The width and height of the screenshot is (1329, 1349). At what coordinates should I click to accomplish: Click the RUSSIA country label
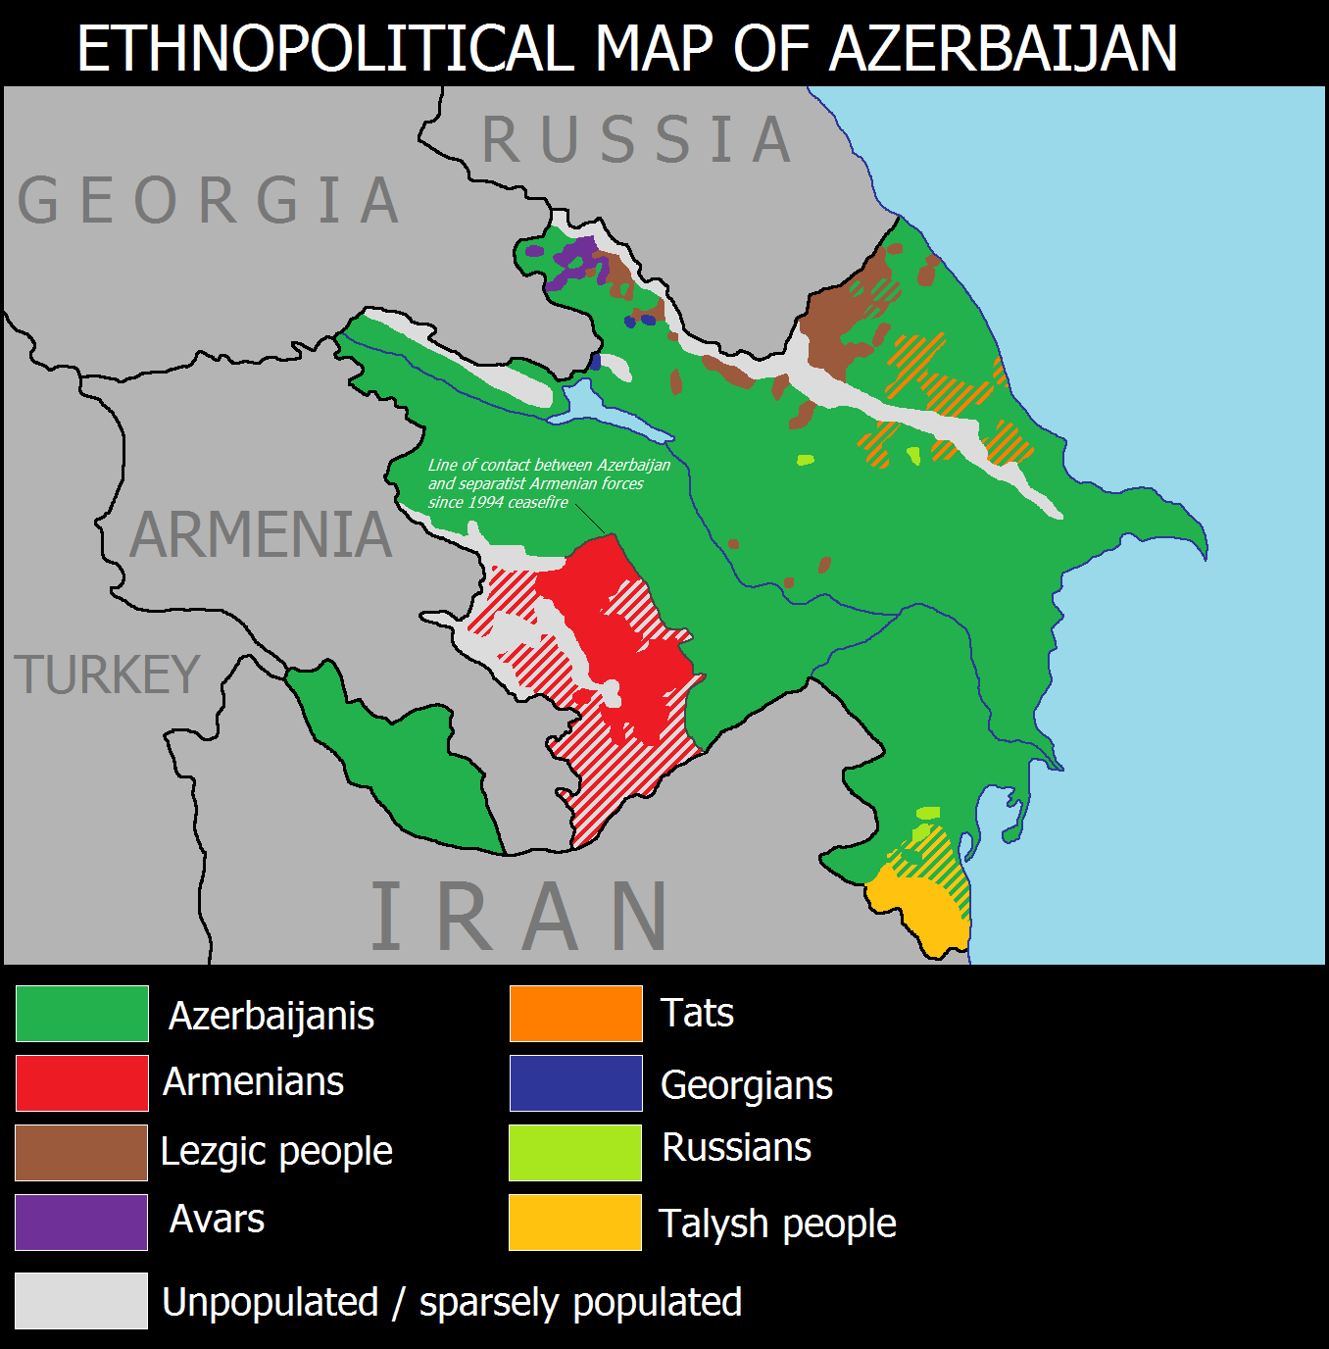click(x=637, y=140)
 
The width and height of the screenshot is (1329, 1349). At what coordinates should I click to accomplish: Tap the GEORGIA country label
click(x=209, y=201)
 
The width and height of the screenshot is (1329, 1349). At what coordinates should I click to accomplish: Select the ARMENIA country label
click(x=261, y=535)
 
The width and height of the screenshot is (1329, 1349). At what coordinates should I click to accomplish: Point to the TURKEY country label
click(x=108, y=675)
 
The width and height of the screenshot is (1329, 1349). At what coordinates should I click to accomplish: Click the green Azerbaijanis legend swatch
click(x=82, y=1013)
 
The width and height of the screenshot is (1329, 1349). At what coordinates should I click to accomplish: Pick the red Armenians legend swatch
click(x=82, y=1082)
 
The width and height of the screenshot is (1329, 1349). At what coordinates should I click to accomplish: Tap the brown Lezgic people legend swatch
click(x=82, y=1152)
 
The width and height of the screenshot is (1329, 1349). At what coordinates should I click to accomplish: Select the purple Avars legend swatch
click(x=82, y=1222)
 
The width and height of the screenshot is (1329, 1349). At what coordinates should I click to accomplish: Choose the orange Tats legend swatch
click(x=575, y=1013)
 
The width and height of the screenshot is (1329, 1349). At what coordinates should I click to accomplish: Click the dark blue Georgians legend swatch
click(x=575, y=1082)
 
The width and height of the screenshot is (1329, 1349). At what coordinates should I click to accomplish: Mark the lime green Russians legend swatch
click(x=575, y=1152)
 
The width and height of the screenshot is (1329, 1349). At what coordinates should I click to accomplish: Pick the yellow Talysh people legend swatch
click(x=575, y=1222)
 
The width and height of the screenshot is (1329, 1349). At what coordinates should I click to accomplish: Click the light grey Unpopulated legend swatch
click(x=82, y=1300)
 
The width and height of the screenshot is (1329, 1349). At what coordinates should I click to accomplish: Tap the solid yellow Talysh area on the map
click(x=916, y=907)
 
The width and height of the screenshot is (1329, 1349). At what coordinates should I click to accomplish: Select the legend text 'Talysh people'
click(x=777, y=1224)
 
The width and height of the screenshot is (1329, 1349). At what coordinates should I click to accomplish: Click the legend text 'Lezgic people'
click(x=276, y=1152)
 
